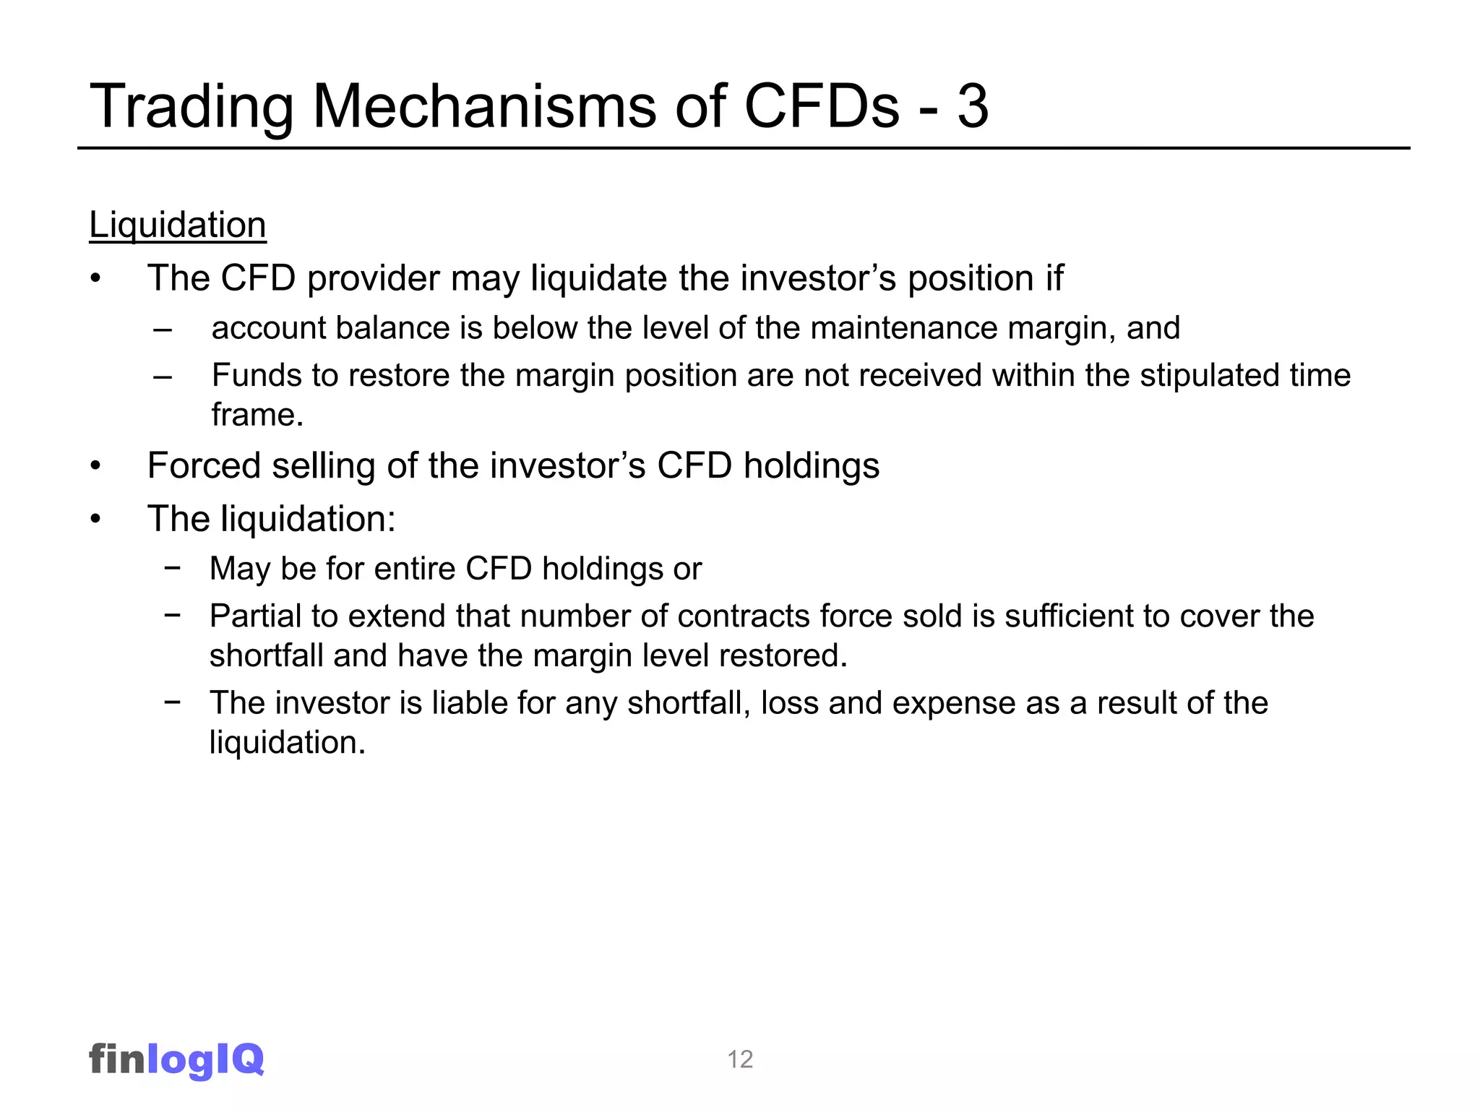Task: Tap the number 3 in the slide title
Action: (x=973, y=106)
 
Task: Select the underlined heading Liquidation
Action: (x=178, y=225)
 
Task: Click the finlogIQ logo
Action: (x=176, y=1059)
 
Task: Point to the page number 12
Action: (x=740, y=1059)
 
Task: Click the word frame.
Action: (x=257, y=416)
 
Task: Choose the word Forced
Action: (x=204, y=465)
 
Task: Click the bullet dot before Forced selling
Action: (x=96, y=467)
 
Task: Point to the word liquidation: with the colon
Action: (x=308, y=519)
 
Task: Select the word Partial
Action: (x=254, y=616)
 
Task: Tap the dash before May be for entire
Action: (x=172, y=567)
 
